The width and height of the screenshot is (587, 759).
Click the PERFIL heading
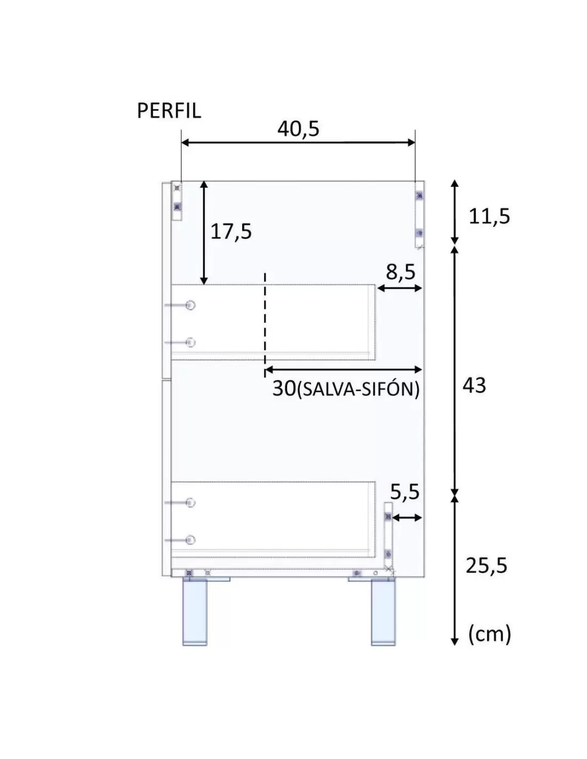pyautogui.click(x=169, y=110)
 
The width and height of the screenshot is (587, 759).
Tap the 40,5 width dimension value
pyautogui.click(x=298, y=129)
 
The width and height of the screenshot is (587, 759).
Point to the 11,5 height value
pyautogui.click(x=489, y=216)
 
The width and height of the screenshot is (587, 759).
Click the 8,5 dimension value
pyautogui.click(x=401, y=272)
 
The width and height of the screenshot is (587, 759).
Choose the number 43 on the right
pyautogui.click(x=474, y=385)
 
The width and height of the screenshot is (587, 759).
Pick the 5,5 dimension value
pyautogui.click(x=404, y=492)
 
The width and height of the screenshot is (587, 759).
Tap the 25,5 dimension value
pyautogui.click(x=486, y=565)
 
